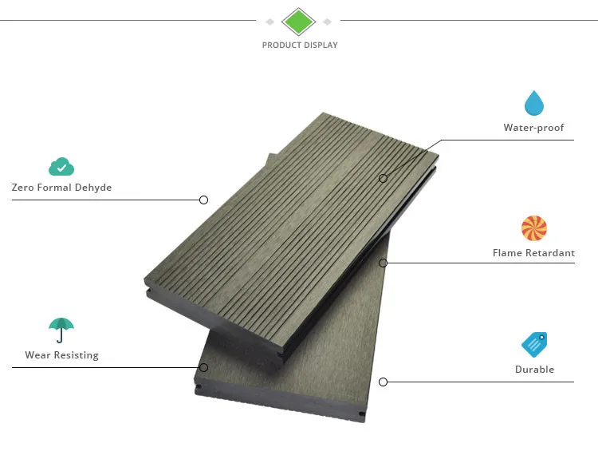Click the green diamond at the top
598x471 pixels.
pyautogui.click(x=299, y=22)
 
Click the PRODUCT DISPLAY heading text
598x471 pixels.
pyautogui.click(x=300, y=46)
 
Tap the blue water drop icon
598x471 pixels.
pyautogui.click(x=533, y=103)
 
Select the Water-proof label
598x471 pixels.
pyautogui.click(x=533, y=128)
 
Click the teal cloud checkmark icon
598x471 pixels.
pyautogui.click(x=61, y=167)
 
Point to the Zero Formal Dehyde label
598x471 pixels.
pyautogui.click(x=61, y=188)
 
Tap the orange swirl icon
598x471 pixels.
pyautogui.click(x=533, y=228)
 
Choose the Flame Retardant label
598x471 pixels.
pyautogui.click(x=533, y=253)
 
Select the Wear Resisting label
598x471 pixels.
pyautogui.click(x=61, y=355)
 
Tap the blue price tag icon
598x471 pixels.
pyautogui.click(x=533, y=344)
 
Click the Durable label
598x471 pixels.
pyautogui.click(x=534, y=370)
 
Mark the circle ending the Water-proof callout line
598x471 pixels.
pyautogui.click(x=383, y=178)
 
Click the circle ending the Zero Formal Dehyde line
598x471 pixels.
pyautogui.click(x=203, y=200)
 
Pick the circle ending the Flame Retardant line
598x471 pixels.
pyautogui.click(x=383, y=263)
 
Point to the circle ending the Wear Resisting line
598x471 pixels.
pyautogui.click(x=203, y=367)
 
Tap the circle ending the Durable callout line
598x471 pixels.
pyautogui.click(x=383, y=382)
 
